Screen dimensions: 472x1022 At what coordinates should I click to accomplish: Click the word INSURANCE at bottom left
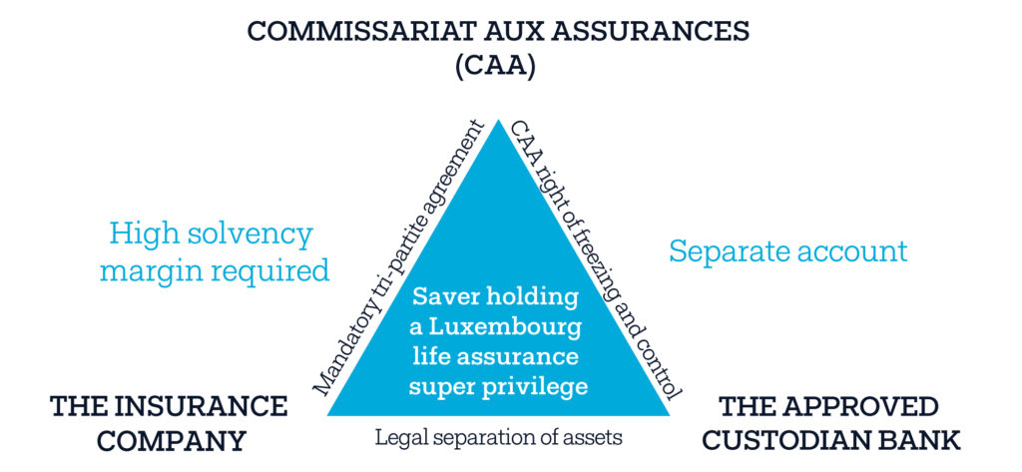(206, 406)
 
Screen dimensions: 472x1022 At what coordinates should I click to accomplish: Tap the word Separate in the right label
(722, 250)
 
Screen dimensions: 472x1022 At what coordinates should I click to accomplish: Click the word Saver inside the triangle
(444, 297)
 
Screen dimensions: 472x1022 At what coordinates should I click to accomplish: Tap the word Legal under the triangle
(396, 436)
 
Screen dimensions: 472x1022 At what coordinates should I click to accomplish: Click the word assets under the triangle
(591, 436)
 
